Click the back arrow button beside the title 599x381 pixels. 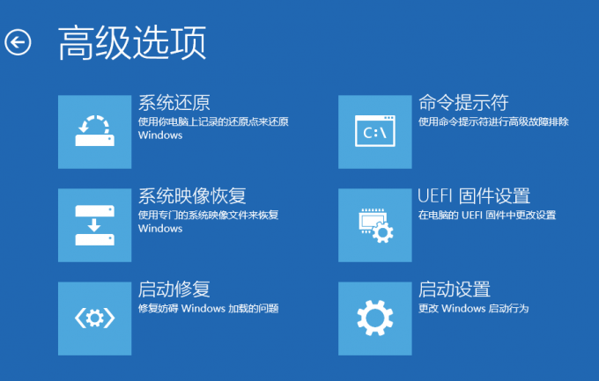(18, 42)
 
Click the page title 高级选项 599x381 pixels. (132, 42)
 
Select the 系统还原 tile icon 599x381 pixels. (95, 132)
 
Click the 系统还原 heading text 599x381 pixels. (174, 102)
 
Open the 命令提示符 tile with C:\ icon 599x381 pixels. (375, 132)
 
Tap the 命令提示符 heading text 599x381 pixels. (463, 102)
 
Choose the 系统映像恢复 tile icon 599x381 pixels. (95, 225)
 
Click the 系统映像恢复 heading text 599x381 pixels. (192, 196)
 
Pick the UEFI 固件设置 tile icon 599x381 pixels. (375, 225)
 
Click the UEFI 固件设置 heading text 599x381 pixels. (474, 196)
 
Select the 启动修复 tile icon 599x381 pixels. (95, 319)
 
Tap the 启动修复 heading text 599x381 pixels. (174, 289)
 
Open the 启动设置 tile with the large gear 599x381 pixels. (375, 319)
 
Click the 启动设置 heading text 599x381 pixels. (455, 289)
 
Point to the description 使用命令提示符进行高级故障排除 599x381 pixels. (493, 121)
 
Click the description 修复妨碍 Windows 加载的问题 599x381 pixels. (208, 309)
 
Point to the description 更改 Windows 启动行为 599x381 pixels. (473, 309)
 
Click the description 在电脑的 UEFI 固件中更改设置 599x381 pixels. (487, 216)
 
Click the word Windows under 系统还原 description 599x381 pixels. (160, 136)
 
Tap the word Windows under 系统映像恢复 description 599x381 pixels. (160, 229)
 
